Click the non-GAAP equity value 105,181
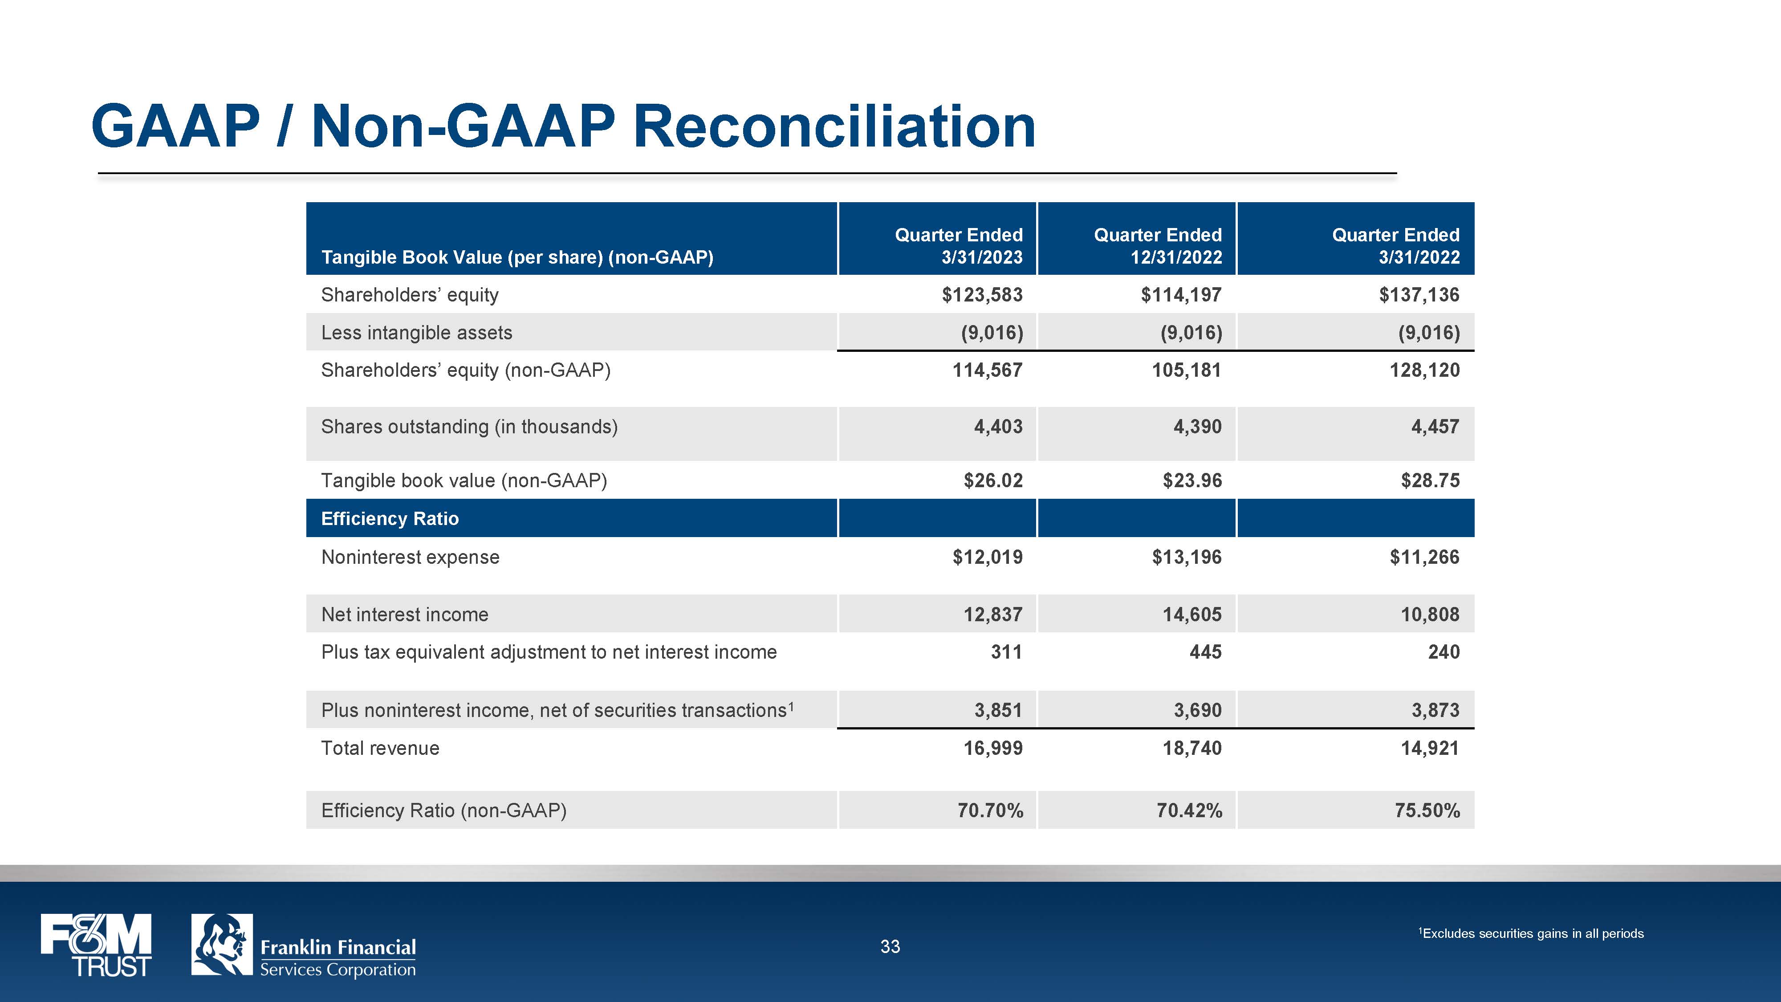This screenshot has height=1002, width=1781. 1187,370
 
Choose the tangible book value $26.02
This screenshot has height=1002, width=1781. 993,481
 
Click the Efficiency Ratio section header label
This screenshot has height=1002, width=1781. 390,519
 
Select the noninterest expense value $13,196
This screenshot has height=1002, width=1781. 1187,558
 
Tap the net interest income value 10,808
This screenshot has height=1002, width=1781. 1430,614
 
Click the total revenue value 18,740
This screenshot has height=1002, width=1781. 1192,748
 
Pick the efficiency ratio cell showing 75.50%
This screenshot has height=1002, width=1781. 1427,811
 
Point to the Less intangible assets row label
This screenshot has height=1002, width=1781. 417,333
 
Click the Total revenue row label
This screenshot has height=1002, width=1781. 380,748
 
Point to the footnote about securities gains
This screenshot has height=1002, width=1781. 1531,933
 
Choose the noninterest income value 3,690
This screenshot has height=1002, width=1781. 1197,710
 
